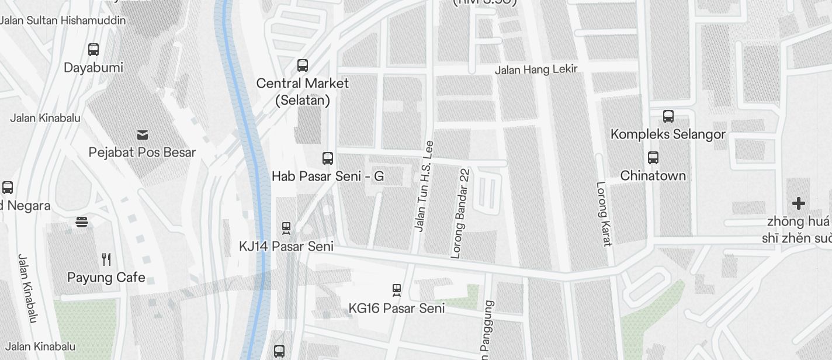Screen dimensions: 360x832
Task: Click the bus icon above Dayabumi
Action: pos(93,50)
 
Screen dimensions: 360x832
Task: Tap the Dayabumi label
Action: pos(93,68)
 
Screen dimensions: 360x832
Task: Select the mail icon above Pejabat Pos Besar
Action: pos(142,135)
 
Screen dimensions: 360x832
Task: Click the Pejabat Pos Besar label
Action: pos(142,153)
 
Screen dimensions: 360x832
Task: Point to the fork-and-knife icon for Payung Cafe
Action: pos(106,259)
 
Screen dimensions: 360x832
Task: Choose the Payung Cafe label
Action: pos(106,278)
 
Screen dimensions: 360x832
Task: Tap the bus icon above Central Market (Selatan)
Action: pos(303,65)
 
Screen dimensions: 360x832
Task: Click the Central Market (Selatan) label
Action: pos(303,92)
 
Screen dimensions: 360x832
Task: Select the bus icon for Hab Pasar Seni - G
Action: pos(328,158)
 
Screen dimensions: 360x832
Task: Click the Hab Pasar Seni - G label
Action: pos(328,176)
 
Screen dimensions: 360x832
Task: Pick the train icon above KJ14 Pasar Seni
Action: pos(286,227)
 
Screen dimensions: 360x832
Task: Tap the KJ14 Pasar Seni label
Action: pos(286,247)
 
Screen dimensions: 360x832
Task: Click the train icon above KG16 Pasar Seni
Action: pos(397,289)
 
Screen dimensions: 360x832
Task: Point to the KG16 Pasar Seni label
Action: pos(397,308)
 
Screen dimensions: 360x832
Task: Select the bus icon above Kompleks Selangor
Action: pos(668,116)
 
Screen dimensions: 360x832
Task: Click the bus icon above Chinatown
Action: pos(653,158)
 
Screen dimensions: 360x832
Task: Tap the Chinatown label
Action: pos(653,176)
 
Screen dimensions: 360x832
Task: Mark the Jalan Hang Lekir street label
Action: pos(536,70)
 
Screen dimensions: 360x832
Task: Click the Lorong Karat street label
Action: pos(604,214)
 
